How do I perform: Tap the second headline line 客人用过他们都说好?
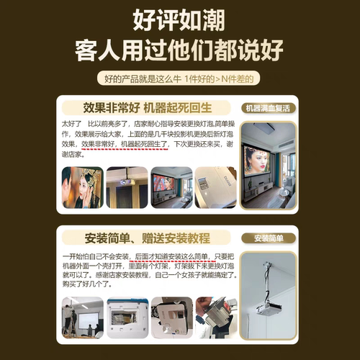[179, 50]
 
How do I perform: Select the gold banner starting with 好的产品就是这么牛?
[179, 78]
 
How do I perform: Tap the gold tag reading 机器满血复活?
[267, 109]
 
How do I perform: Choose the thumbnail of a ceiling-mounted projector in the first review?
[126, 187]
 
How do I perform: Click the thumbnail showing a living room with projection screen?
[171, 187]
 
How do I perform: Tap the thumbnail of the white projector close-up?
[215, 187]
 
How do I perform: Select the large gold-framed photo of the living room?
[267, 164]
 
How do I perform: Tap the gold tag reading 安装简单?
[267, 238]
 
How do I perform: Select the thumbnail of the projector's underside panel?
[171, 317]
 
